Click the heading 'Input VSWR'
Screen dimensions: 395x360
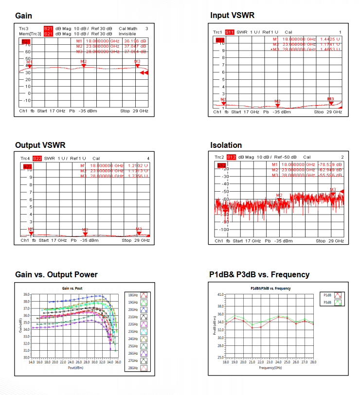(x=233, y=16)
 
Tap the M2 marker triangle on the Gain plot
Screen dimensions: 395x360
(x=84, y=66)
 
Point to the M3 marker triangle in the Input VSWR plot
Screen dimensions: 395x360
(x=331, y=103)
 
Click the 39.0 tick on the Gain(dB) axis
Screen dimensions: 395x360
(x=26, y=294)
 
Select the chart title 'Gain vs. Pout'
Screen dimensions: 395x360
(x=72, y=288)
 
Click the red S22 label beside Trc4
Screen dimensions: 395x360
(x=37, y=159)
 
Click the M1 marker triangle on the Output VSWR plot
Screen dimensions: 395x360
(x=31, y=233)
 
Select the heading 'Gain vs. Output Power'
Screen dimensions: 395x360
(x=56, y=275)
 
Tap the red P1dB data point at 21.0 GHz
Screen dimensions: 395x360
(x=252, y=327)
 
